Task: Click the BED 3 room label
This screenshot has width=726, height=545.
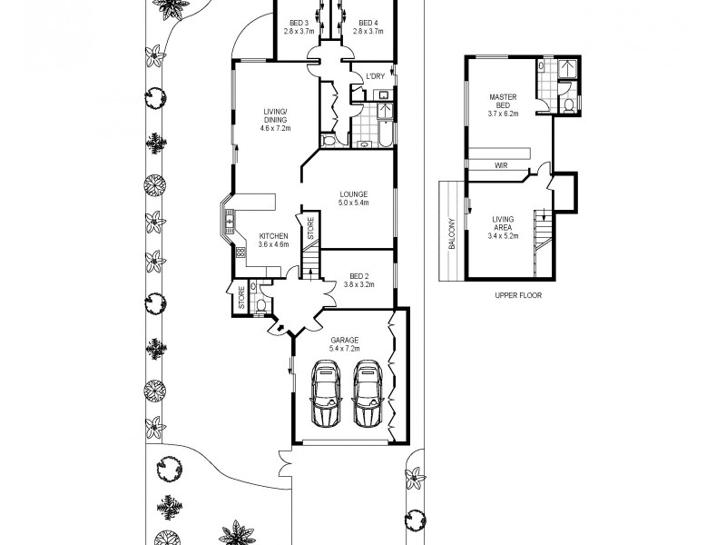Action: pos(298,23)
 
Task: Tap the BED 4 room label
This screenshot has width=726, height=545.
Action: pos(368,23)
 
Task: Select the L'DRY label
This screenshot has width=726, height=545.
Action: pos(375,76)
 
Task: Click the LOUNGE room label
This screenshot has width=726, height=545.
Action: pos(353,193)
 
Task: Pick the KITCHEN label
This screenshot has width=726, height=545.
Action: pos(273,235)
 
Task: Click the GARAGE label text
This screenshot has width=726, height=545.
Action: pos(344,340)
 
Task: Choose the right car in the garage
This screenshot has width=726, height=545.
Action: pos(368,393)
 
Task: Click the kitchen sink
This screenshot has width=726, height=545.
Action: pos(231,219)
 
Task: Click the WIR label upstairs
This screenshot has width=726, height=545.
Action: pos(501,166)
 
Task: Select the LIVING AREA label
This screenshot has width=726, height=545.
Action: pos(502,223)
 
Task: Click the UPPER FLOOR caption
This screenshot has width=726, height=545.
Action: pos(518,295)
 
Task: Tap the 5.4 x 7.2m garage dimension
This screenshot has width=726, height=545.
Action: pos(344,349)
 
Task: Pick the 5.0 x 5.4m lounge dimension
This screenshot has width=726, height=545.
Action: pos(353,203)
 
